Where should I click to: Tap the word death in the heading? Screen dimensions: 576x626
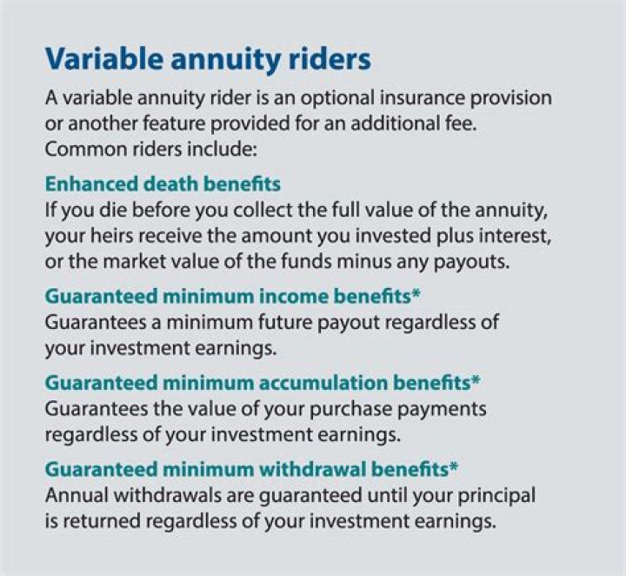(169, 184)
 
